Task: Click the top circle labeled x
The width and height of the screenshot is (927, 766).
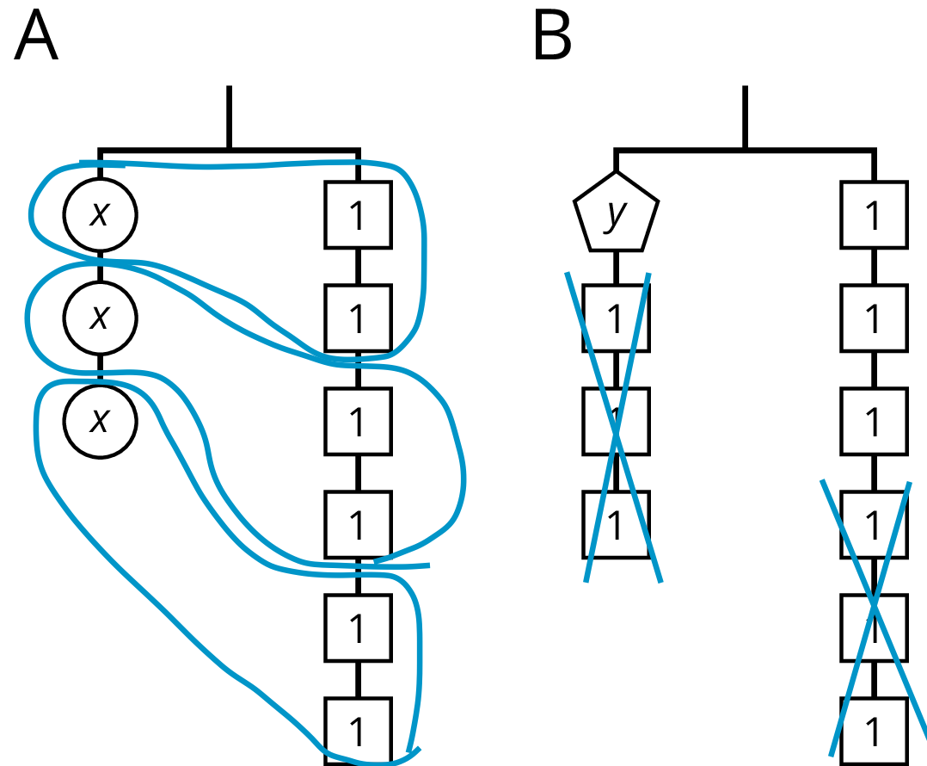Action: (x=100, y=214)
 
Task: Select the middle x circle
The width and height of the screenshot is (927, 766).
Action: (x=100, y=318)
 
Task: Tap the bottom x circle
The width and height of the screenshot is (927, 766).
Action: (x=100, y=421)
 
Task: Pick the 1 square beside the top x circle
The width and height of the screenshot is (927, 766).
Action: (x=358, y=214)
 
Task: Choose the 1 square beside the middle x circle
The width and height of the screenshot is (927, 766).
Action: (x=358, y=318)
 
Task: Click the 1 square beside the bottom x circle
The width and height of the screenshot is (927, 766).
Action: (x=358, y=421)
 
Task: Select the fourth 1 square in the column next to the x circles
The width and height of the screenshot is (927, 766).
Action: (x=358, y=524)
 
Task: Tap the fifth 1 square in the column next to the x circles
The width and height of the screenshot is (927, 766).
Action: (x=358, y=627)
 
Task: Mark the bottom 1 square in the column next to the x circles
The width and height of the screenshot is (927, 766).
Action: (x=358, y=731)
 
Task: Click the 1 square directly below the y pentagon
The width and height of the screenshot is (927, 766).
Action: (x=616, y=318)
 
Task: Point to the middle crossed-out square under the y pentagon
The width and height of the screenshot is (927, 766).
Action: (x=616, y=421)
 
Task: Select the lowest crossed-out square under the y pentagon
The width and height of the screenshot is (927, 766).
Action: (x=616, y=524)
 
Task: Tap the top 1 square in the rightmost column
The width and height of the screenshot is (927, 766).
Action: (x=874, y=214)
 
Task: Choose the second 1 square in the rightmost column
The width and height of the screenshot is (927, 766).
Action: (x=874, y=318)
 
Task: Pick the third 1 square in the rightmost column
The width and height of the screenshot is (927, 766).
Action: (x=874, y=421)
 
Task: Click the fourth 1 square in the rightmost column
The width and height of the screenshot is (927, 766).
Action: (x=874, y=524)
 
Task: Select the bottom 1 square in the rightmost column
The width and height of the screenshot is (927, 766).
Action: (x=874, y=731)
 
